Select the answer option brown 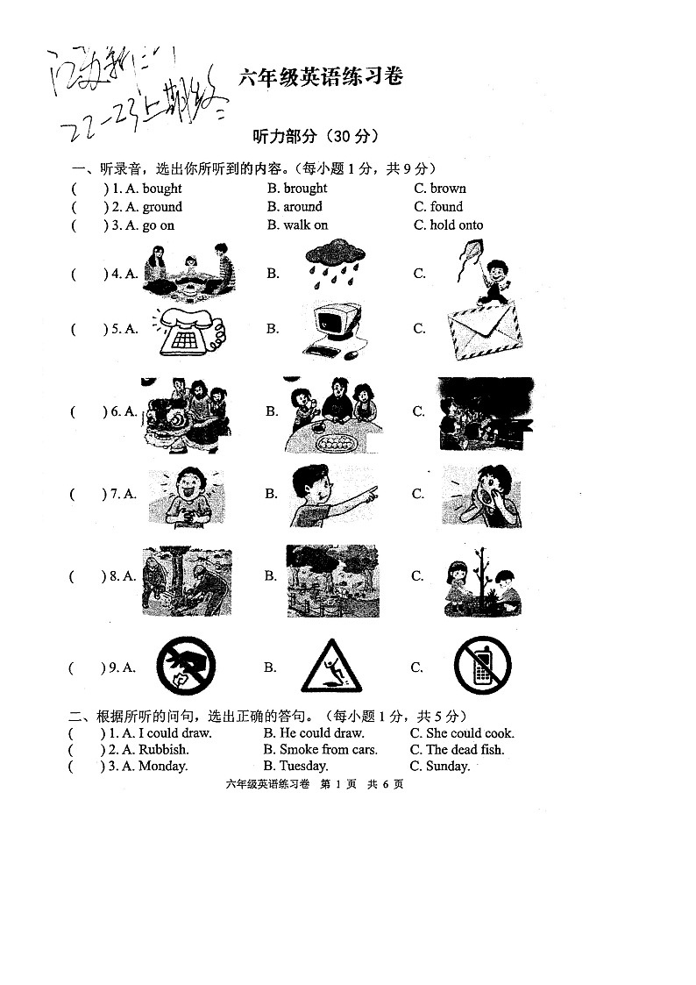pos(448,188)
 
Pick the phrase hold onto pos(456,225)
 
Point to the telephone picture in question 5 pos(190,332)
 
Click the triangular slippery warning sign pos(330,667)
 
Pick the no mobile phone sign pos(482,667)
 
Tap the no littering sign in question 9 pos(186,667)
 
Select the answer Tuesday pos(303,767)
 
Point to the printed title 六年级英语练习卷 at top pos(321,78)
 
